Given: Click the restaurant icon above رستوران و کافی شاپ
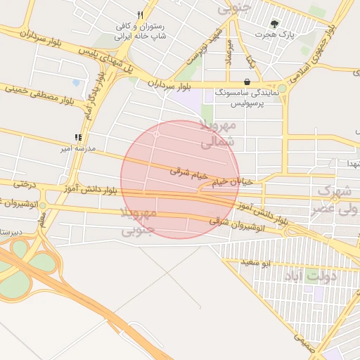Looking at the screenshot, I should (x=141, y=15).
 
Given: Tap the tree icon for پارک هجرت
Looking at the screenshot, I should (x=275, y=23).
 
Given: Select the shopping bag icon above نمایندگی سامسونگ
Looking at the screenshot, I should (x=247, y=82).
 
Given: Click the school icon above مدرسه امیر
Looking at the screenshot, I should (x=78, y=139).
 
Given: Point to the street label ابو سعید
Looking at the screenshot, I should (x=256, y=263).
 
